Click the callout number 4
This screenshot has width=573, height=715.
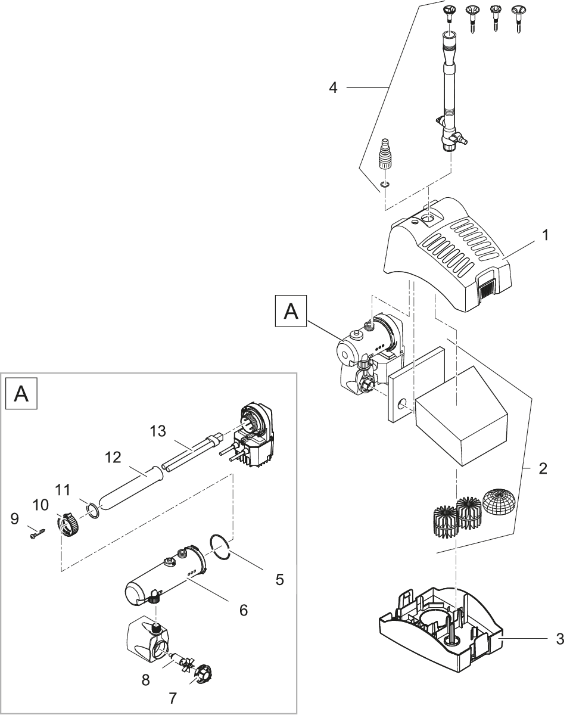coord(334,88)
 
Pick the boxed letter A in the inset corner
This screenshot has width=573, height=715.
coord(21,394)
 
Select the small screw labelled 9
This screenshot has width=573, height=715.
coord(36,534)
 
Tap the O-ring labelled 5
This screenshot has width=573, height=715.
coord(220,547)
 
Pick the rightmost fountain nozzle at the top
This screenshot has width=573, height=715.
coord(518,16)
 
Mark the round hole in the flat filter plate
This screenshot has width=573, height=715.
coord(403,405)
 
